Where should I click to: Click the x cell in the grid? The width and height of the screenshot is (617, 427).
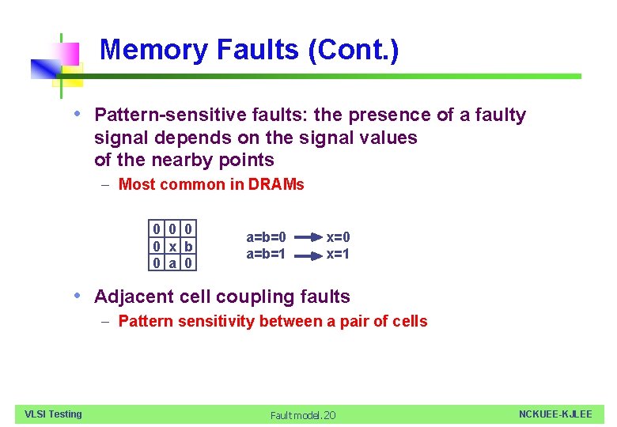173,246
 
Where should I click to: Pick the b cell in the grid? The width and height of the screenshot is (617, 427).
188,246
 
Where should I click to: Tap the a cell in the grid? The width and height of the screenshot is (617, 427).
173,262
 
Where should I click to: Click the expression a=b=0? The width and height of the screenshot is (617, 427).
267,237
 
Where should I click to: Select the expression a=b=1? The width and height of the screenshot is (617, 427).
267,254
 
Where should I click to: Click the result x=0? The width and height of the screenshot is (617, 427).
339,237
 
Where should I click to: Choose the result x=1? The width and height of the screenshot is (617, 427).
339,254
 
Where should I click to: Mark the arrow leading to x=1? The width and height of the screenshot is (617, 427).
307,254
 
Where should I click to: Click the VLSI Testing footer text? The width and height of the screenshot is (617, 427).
53,414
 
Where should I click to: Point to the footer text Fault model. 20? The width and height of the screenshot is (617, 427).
303,415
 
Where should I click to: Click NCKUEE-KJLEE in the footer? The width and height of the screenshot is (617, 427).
555,414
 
